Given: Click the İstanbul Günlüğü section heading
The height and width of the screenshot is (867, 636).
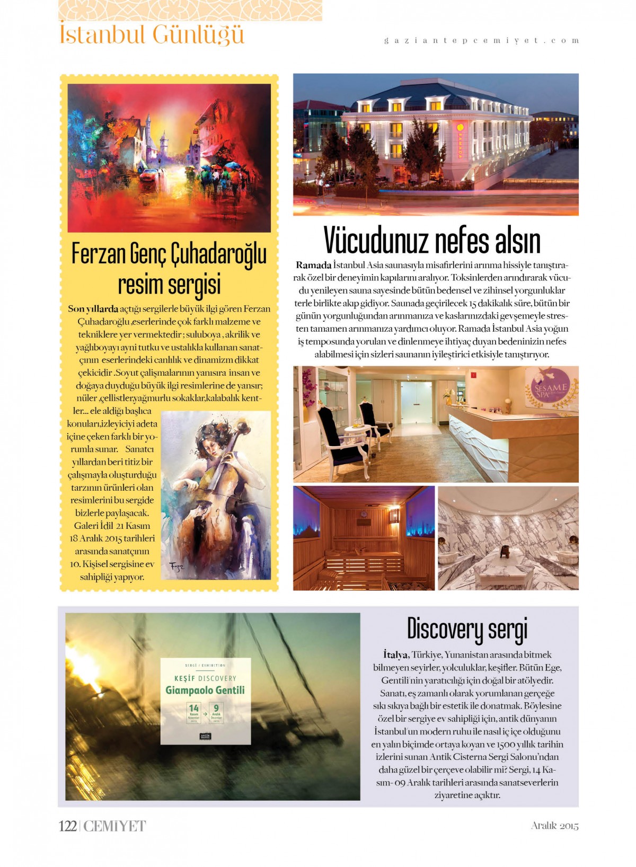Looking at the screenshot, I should (152, 35).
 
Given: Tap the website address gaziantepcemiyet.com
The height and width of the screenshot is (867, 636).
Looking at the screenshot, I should (481, 40).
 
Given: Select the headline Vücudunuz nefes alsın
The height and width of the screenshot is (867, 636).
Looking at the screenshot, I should (432, 241).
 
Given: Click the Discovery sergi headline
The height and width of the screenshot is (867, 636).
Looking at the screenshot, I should (467, 629).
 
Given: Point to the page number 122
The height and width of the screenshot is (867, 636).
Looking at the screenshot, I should (68, 826).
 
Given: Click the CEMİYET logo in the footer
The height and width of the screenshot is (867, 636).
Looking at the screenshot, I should (114, 826).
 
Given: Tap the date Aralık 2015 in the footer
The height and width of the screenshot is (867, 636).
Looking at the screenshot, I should (554, 826).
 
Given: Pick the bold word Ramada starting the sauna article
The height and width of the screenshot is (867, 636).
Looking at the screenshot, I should (313, 265).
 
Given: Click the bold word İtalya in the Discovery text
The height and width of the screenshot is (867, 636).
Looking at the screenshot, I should (395, 655).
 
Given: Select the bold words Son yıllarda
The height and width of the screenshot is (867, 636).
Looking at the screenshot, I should (93, 309).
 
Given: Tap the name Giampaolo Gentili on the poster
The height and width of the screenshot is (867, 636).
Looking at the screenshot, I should (205, 690).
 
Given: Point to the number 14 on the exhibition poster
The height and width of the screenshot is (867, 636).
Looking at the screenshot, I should (194, 709).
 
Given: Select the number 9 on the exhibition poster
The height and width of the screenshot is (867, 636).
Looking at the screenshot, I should (216, 709).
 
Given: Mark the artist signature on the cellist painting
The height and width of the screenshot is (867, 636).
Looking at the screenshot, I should (176, 567).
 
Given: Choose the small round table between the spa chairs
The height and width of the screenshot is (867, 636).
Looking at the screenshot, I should (357, 430).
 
